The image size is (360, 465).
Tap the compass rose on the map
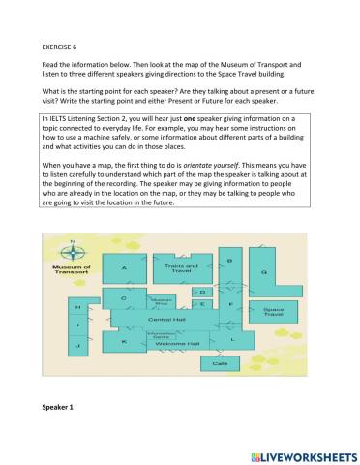coord(71,249)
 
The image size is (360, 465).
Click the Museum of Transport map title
coord(71,270)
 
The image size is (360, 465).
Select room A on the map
coord(124,267)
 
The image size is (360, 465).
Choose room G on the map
coord(263,272)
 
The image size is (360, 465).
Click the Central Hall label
coord(159,318)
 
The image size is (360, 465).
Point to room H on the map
coord(77,306)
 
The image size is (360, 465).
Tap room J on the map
coord(77,345)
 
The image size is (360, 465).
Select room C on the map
coord(124,298)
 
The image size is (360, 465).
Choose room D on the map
coord(201,290)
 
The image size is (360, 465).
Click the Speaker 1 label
coord(59,407)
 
